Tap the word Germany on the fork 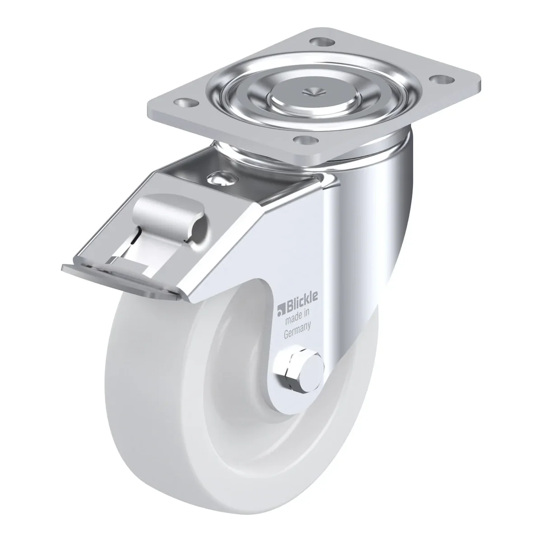(297, 331)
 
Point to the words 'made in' (298, 317)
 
